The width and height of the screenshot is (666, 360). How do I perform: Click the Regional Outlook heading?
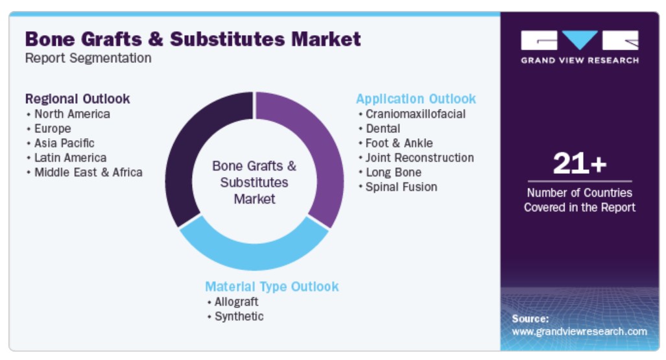[77, 99]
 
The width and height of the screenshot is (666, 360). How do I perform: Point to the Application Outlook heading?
[416, 99]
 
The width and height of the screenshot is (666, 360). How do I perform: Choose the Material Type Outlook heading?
[272, 287]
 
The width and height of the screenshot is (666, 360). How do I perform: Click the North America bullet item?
[72, 114]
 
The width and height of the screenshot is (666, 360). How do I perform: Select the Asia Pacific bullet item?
[64, 143]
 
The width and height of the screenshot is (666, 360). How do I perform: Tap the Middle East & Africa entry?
[88, 172]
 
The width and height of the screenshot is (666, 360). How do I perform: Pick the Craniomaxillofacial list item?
[416, 114]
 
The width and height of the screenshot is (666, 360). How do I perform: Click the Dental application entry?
[383, 128]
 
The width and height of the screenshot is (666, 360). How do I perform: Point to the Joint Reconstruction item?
[420, 158]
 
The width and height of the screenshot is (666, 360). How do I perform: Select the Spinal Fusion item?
[401, 187]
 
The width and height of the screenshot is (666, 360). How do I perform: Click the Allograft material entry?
[236, 302]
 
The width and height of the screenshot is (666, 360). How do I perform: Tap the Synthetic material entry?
[239, 317]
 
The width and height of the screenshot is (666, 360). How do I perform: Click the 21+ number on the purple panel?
[580, 163]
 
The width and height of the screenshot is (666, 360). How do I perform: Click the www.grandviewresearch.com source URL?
[579, 331]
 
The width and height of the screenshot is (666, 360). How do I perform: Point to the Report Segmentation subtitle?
[88, 58]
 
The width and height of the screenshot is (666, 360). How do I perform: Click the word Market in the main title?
[326, 39]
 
